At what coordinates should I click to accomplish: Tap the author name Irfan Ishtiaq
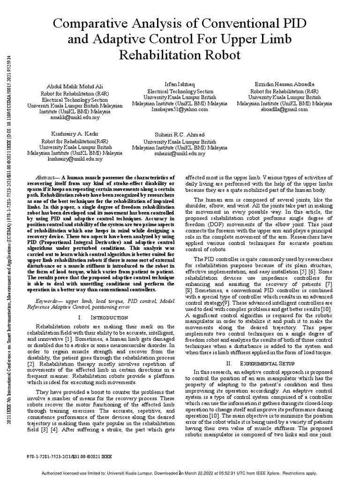point(180,82)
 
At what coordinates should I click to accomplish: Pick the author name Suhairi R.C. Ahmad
point(180,135)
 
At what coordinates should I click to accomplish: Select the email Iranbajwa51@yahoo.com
point(180,109)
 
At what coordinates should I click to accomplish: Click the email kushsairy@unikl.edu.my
point(75,159)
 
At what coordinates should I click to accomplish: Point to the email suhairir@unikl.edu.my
point(180,153)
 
